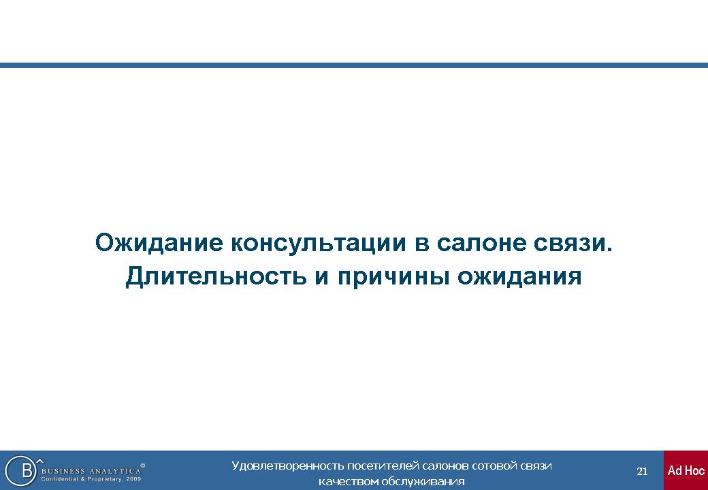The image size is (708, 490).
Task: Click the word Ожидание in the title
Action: tap(159, 243)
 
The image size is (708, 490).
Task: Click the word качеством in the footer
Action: tap(349, 481)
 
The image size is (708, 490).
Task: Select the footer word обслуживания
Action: tap(423, 481)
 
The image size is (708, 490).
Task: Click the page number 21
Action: tap(642, 472)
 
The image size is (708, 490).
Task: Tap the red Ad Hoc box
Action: tap(686, 470)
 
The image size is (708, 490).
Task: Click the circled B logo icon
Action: tap(21, 470)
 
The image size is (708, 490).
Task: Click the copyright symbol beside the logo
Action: tap(143, 465)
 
